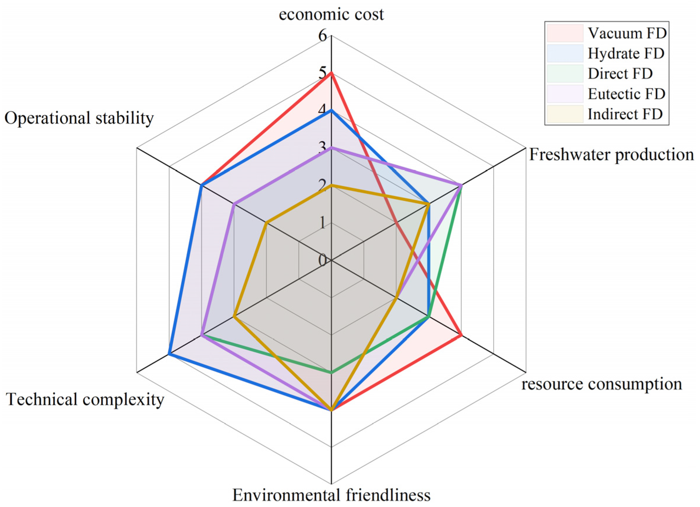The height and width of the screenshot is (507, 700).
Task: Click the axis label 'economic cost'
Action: tap(331, 14)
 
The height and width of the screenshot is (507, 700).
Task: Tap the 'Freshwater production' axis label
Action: tap(611, 155)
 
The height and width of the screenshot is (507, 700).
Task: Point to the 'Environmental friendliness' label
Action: tap(331, 495)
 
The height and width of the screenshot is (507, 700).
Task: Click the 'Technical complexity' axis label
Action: tap(85, 399)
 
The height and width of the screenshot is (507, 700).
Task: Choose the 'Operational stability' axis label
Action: tap(79, 118)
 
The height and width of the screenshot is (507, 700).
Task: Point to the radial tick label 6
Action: tap(322, 36)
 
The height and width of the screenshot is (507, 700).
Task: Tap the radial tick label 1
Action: tap(322, 223)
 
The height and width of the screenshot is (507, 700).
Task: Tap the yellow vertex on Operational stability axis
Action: tap(266, 223)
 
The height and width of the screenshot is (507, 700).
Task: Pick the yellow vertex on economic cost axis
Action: tap(331, 185)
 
